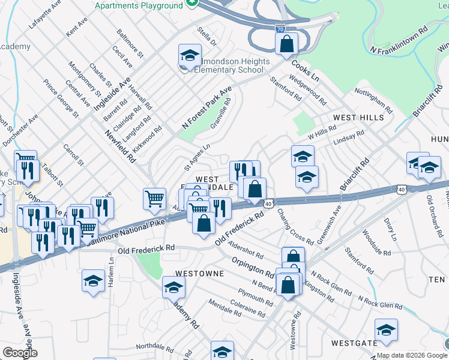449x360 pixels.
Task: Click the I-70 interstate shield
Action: (x=280, y=28)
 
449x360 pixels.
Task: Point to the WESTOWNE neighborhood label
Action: (x=199, y=273)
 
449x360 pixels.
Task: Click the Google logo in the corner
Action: (x=19, y=353)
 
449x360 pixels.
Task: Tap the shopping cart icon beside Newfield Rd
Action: (x=155, y=199)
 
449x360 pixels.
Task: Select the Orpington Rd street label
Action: (x=253, y=268)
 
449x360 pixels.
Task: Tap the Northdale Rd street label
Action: (x=155, y=346)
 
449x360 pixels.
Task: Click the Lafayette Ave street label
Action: (x=46, y=16)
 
